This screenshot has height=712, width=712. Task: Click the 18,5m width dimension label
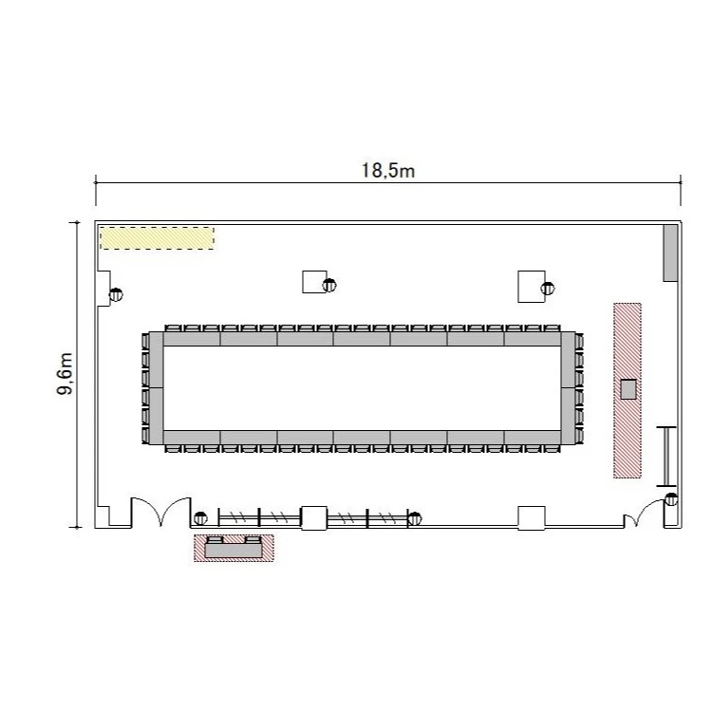[x=388, y=171]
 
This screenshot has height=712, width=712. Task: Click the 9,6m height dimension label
[x=65, y=374]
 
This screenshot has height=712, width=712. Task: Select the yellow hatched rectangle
[x=157, y=238]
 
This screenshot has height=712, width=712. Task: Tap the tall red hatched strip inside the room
[x=628, y=390]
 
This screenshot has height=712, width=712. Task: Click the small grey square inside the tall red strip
[x=628, y=389]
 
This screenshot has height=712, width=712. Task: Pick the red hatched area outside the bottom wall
[x=234, y=548]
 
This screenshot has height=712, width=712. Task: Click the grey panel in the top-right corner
[x=670, y=253]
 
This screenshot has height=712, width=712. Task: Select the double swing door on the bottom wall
[x=160, y=512]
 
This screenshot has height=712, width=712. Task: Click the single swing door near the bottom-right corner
[x=644, y=513]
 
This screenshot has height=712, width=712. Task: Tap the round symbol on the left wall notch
[x=116, y=294]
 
